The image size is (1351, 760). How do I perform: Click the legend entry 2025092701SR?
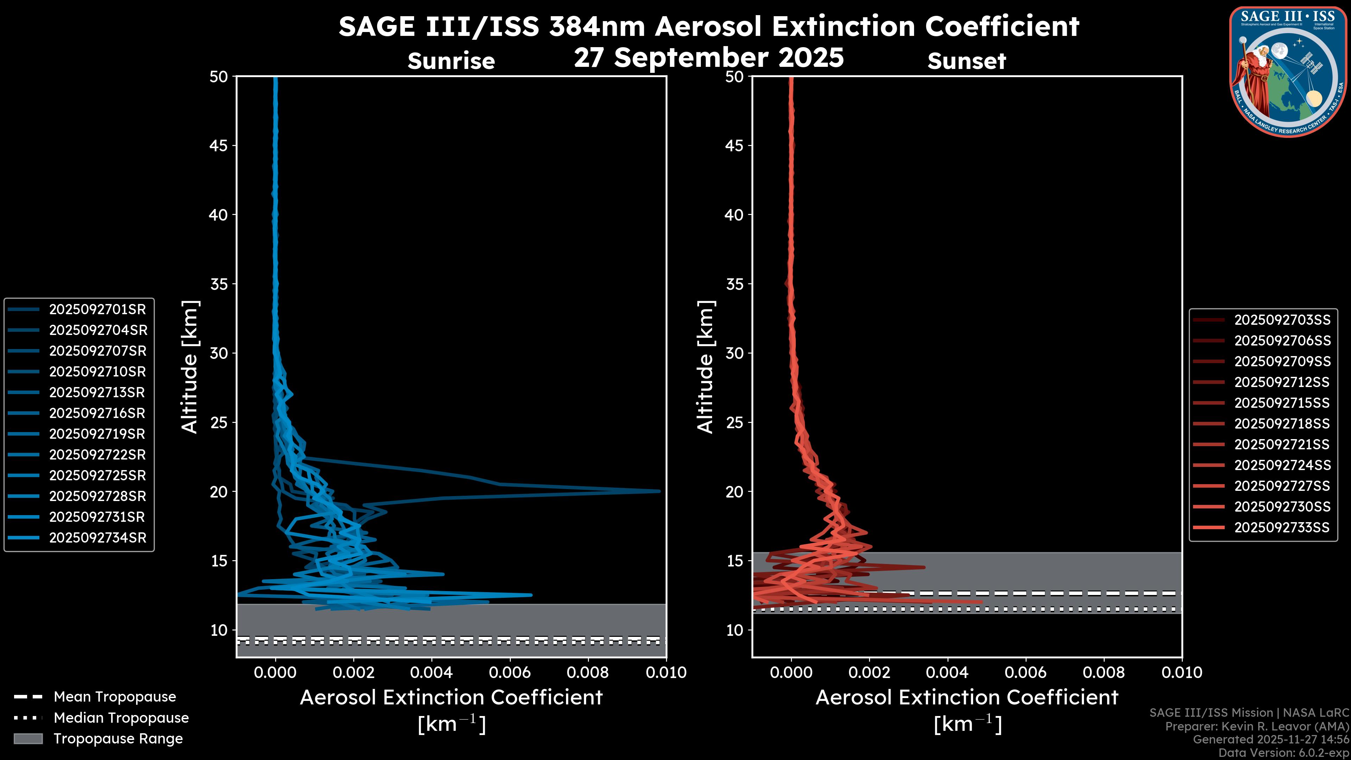point(97,310)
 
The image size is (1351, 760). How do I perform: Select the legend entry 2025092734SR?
point(97,538)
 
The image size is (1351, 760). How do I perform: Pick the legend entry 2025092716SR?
point(97,413)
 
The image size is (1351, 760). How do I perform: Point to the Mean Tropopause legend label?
point(115,697)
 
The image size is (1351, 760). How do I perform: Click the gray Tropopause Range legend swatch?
point(28,739)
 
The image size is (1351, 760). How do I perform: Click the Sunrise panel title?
point(451,61)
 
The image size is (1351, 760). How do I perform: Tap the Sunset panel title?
point(966,61)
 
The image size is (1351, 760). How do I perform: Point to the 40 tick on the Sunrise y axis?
point(219,215)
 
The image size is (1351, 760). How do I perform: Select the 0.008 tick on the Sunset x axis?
point(1104,672)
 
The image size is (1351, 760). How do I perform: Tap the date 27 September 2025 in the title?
point(709,58)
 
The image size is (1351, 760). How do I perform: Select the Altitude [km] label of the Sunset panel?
point(705,367)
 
